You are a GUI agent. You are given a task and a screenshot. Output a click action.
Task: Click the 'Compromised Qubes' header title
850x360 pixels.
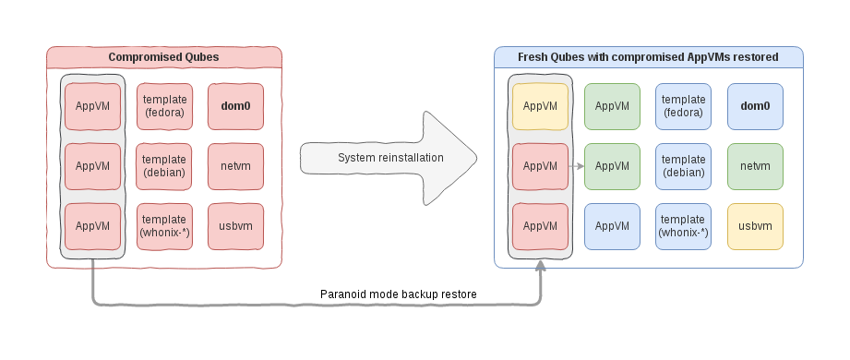click(163, 57)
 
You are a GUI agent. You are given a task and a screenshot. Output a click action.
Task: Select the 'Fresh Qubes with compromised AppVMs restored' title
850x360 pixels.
click(648, 57)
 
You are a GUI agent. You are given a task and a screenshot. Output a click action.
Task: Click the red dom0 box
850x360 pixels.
click(235, 105)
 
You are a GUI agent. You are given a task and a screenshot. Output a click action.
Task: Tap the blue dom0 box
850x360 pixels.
click(755, 105)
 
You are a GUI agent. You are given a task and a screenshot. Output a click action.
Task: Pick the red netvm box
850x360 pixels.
click(235, 166)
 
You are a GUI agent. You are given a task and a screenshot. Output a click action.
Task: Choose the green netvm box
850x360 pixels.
click(755, 166)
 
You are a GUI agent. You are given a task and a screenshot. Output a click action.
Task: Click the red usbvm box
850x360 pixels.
click(235, 226)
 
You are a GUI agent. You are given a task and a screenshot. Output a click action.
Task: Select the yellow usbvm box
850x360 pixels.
click(755, 226)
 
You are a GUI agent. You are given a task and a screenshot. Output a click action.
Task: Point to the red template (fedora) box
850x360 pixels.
click(164, 105)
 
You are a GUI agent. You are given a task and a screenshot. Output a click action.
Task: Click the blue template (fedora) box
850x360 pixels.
click(683, 105)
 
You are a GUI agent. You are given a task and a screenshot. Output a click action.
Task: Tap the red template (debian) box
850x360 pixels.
click(164, 166)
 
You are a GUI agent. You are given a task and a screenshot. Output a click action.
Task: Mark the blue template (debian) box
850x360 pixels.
click(683, 166)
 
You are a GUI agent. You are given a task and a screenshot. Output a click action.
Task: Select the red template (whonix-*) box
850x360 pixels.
click(164, 226)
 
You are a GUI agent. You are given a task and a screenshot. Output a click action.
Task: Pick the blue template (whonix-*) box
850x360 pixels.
click(683, 226)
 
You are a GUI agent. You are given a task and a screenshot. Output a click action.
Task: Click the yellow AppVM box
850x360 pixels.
click(540, 105)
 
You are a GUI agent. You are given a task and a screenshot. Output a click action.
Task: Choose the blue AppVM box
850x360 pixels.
click(612, 226)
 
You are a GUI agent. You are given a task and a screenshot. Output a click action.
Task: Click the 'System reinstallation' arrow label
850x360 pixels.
click(390, 158)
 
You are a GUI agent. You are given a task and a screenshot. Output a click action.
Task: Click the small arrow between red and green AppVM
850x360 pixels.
click(577, 166)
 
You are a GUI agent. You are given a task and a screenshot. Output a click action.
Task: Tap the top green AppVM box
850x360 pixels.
click(612, 105)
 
